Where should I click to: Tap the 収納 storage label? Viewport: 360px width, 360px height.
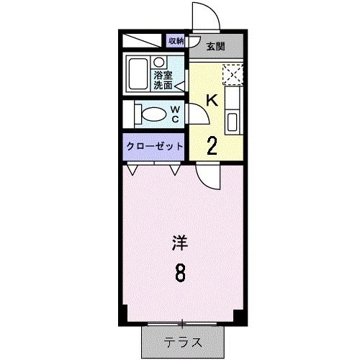click(x=176, y=41)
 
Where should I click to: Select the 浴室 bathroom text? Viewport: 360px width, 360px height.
click(x=163, y=73)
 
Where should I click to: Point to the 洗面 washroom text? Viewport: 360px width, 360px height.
click(x=163, y=84)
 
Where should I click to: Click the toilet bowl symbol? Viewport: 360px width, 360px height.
click(x=151, y=114)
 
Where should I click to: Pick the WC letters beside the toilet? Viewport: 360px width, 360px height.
click(x=175, y=114)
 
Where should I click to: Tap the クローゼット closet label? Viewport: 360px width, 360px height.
click(x=154, y=145)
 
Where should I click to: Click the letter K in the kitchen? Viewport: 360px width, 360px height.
click(x=212, y=101)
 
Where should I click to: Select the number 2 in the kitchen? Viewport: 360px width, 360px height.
click(x=212, y=145)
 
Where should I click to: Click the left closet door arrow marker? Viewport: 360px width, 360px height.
click(x=134, y=171)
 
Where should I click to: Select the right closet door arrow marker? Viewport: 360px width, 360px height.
click(x=176, y=171)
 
